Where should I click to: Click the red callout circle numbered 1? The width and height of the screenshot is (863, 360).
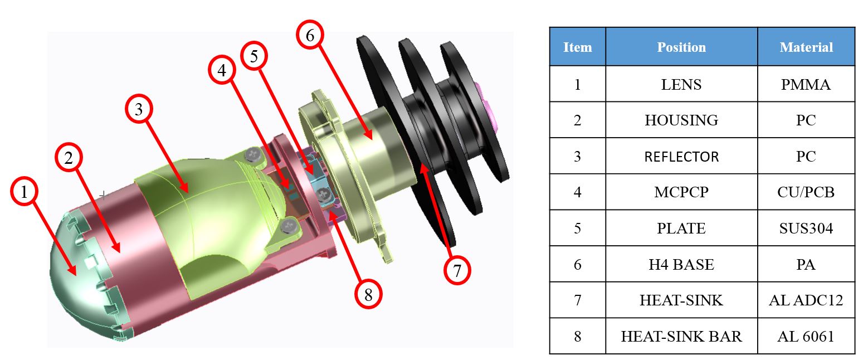pos(24,191)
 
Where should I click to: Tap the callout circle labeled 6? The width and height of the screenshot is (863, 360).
pos(310,35)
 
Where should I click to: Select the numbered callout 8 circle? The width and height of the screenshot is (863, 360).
pos(368,294)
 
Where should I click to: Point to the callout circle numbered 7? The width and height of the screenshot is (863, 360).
pos(457,271)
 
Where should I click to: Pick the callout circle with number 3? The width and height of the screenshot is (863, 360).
pos(139,109)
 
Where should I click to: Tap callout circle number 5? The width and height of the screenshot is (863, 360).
pos(254,56)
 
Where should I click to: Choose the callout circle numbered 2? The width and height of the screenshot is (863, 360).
pos(69,157)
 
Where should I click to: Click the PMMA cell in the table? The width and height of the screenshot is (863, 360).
pos(806,84)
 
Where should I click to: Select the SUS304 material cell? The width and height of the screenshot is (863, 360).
pos(806,228)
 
